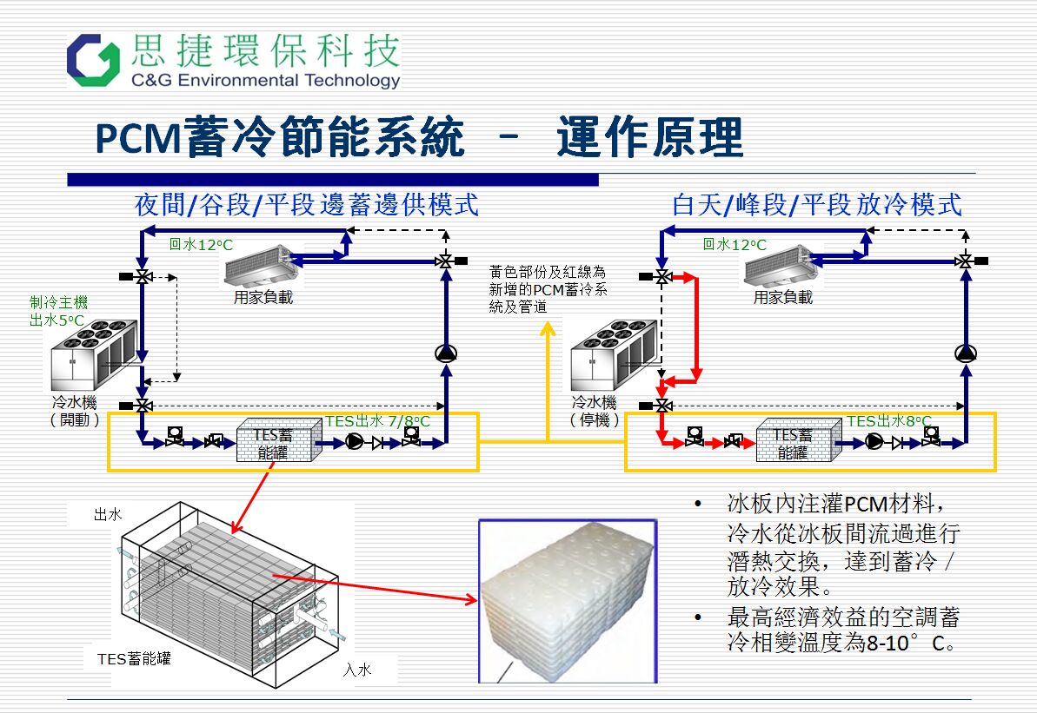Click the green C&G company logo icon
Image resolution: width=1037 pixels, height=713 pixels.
(x=94, y=61)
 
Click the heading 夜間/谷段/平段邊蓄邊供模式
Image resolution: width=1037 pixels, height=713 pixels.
(x=307, y=205)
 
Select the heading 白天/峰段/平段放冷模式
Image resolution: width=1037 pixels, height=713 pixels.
(x=816, y=205)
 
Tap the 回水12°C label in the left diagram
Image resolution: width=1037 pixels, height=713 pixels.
(x=201, y=245)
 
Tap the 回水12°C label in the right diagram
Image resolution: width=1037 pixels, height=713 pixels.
(x=735, y=245)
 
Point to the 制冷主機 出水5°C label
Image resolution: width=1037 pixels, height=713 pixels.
(x=58, y=312)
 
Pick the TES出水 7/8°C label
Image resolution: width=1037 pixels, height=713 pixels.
(x=378, y=421)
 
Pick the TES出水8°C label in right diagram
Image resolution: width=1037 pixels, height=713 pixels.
(x=884, y=421)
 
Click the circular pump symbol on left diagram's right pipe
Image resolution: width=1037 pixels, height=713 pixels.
(x=446, y=353)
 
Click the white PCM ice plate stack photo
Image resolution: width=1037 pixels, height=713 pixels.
(x=567, y=599)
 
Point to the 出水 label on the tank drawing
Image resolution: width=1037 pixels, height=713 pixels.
(x=108, y=515)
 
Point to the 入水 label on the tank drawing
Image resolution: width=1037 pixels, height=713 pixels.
(x=357, y=670)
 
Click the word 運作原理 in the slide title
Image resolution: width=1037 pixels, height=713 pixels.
(x=650, y=138)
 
